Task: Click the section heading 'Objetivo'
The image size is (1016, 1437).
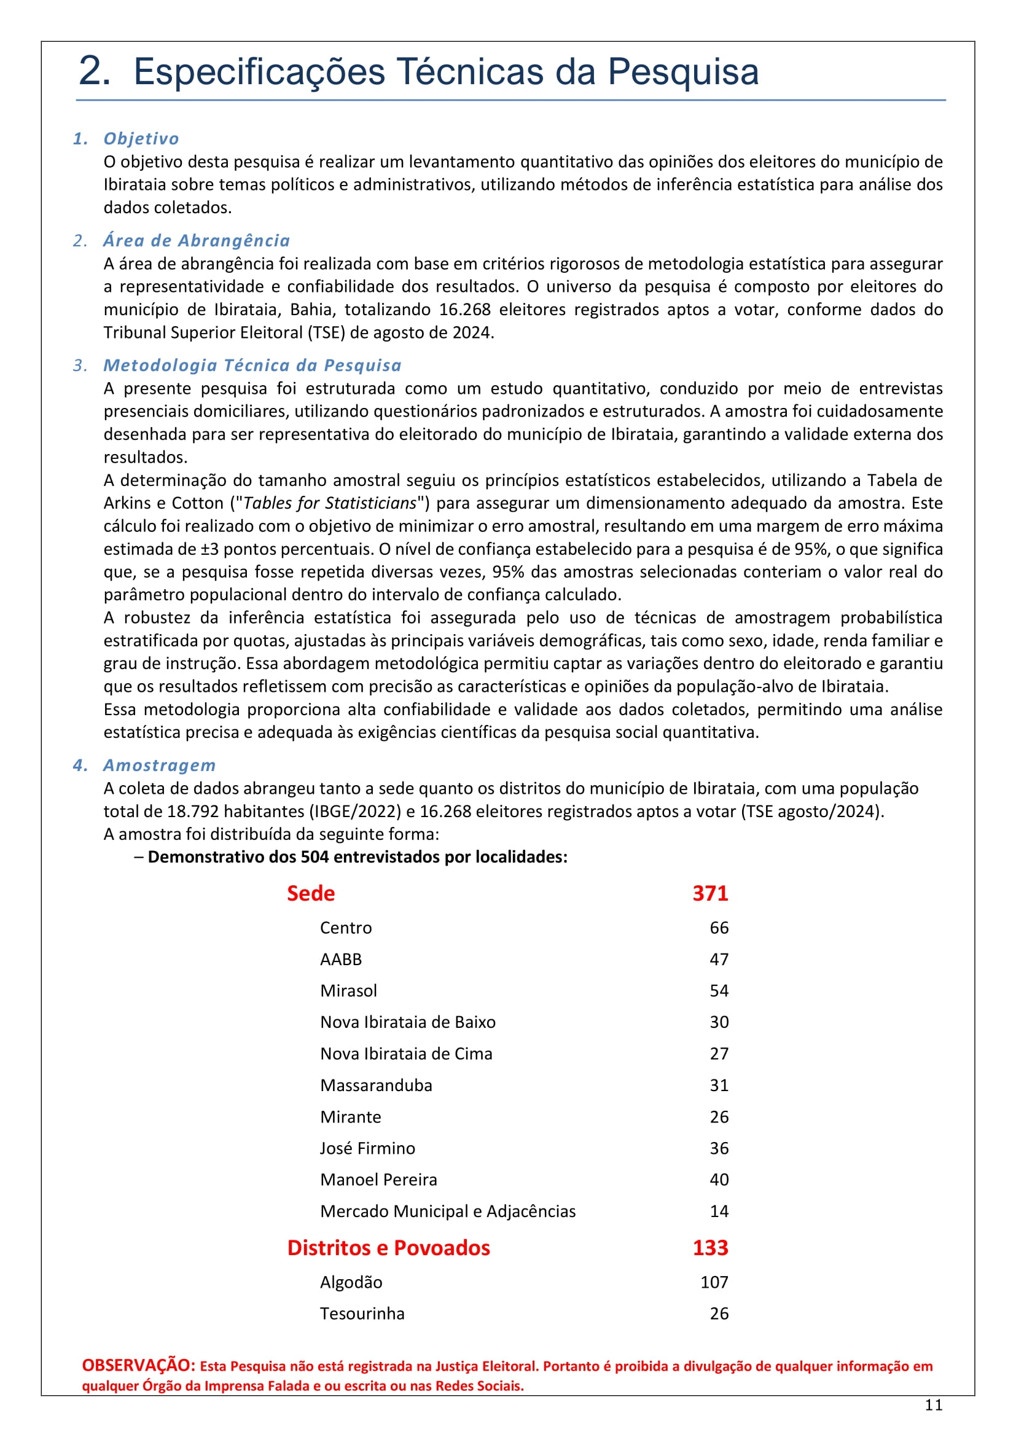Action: (141, 138)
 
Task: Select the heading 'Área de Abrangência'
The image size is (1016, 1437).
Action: (197, 240)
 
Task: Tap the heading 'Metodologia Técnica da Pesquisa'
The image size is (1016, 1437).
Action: (252, 365)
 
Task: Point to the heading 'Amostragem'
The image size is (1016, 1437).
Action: (160, 765)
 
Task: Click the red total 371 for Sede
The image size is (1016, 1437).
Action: (710, 893)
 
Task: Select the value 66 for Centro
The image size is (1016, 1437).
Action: (719, 928)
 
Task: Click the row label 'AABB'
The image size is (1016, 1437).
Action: (341, 959)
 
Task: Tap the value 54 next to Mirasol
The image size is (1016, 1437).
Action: (719, 990)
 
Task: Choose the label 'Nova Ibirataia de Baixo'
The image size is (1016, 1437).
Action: (408, 1022)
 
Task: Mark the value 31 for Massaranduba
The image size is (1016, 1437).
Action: (719, 1084)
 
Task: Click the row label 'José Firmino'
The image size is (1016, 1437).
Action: (367, 1148)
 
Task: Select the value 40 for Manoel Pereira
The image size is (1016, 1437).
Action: (719, 1179)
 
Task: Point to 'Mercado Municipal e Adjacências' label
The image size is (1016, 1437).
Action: (448, 1211)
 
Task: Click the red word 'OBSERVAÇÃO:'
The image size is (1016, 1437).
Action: (139, 1365)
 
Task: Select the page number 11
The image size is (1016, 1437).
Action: (934, 1405)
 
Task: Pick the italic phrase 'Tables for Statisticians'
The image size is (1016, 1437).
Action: (330, 503)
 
